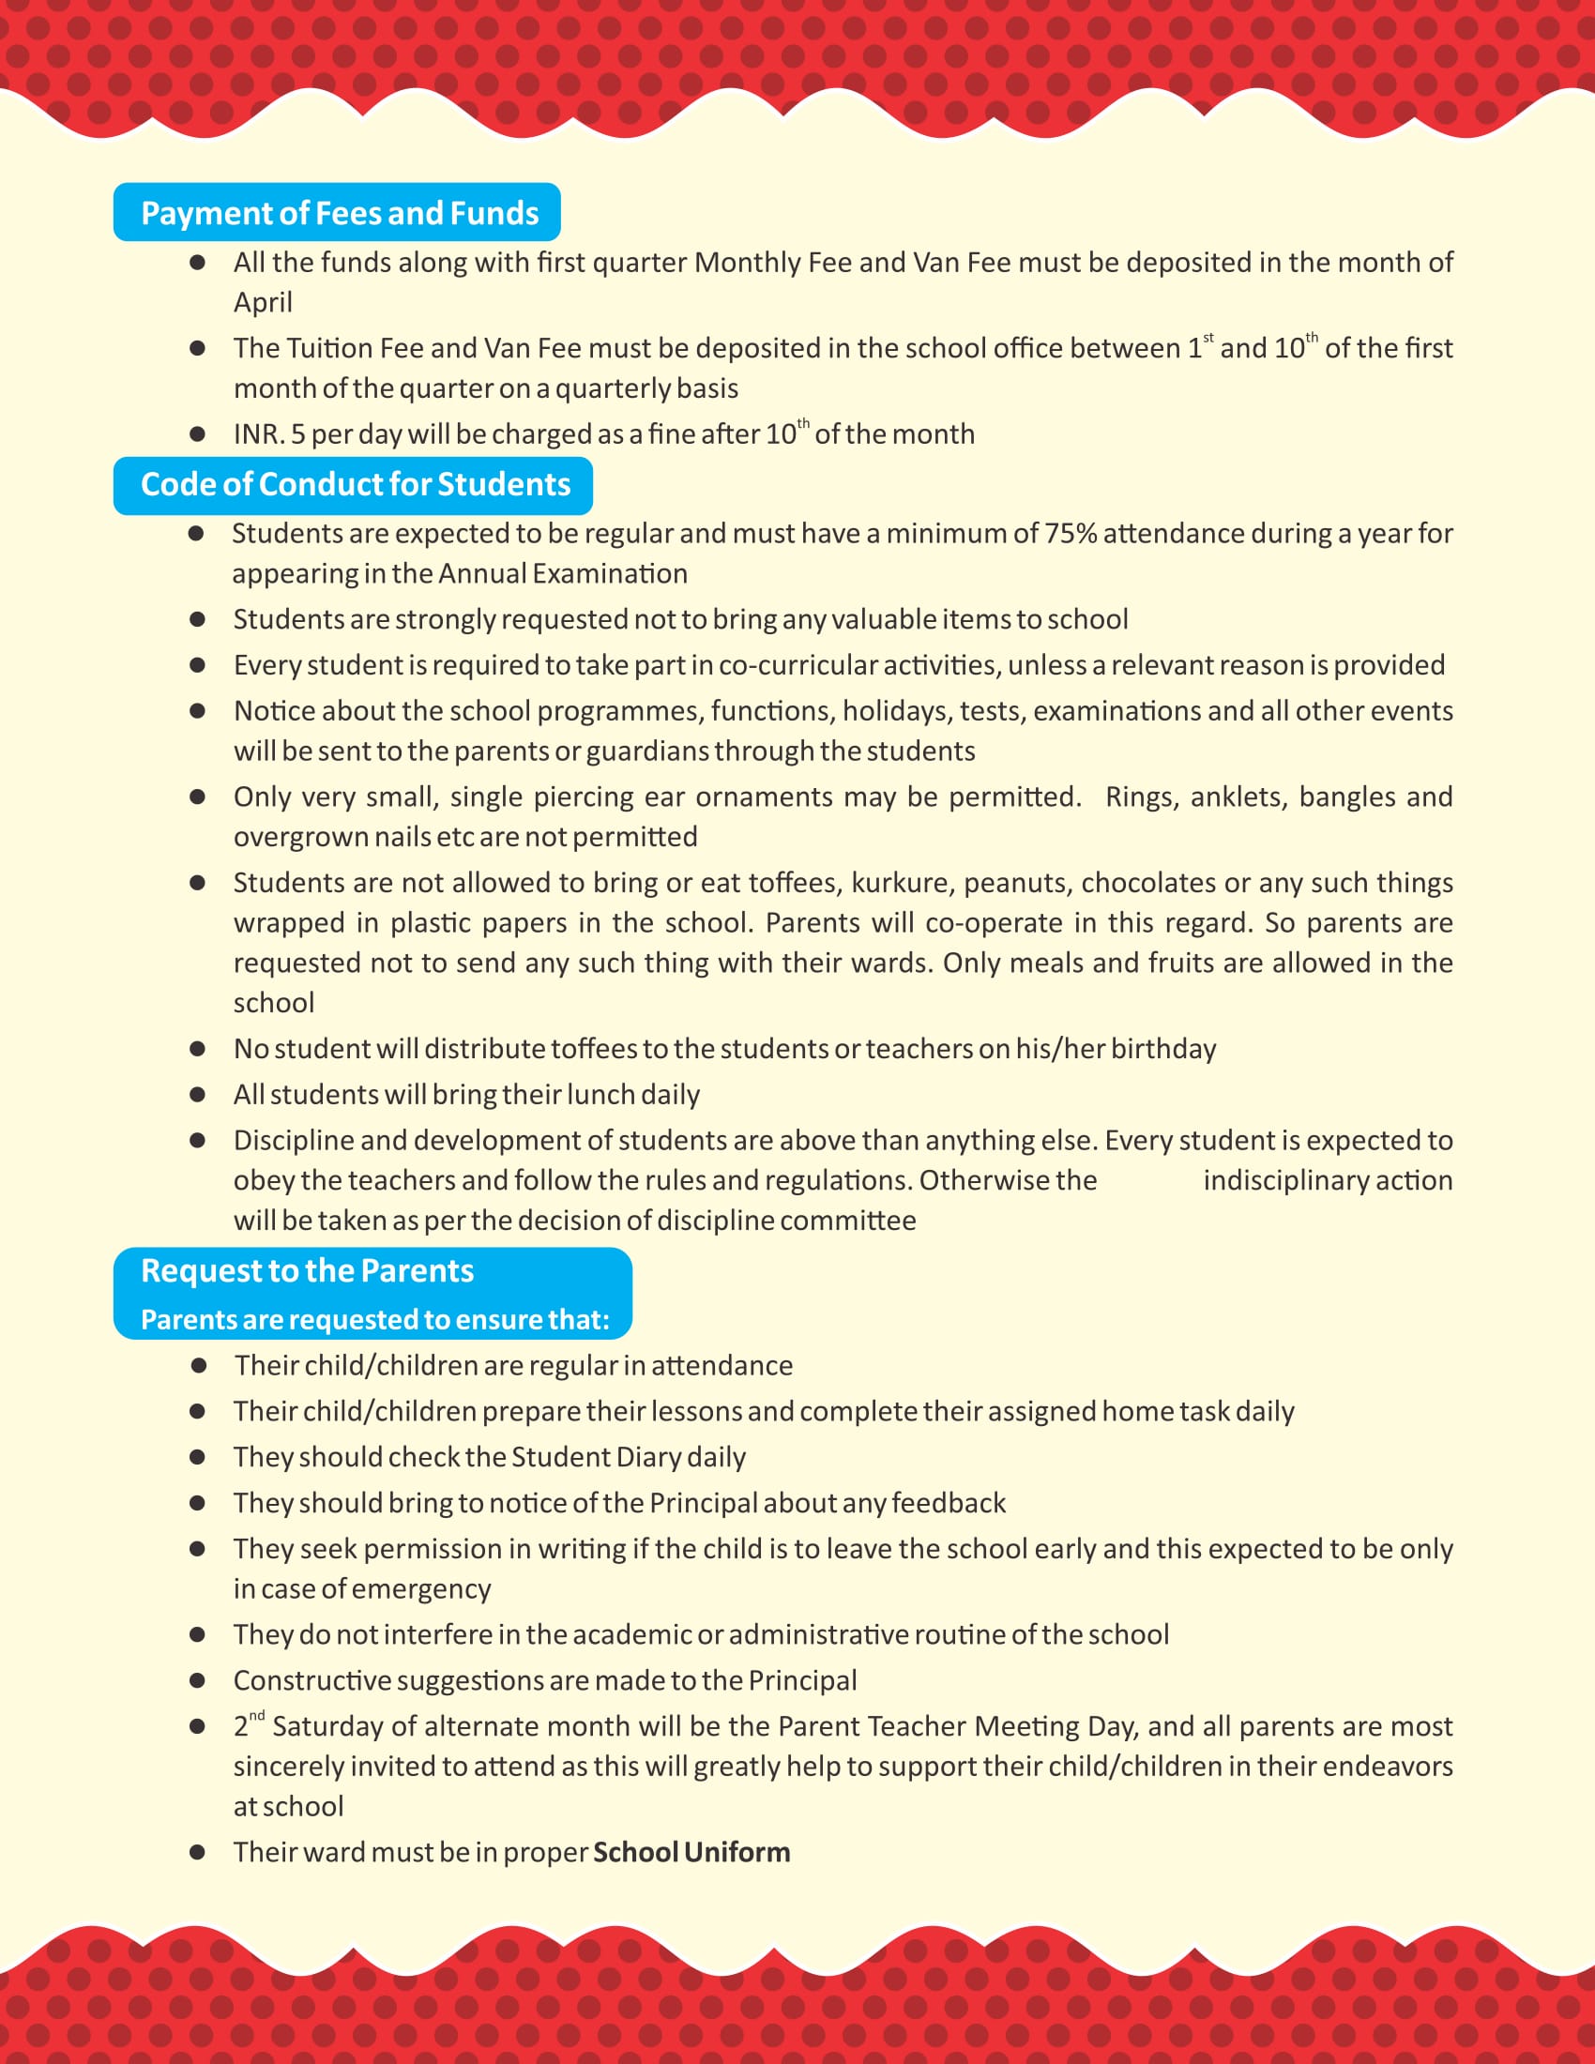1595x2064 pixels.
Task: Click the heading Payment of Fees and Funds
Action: pyautogui.click(x=340, y=214)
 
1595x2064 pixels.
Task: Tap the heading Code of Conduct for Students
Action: pyautogui.click(x=356, y=485)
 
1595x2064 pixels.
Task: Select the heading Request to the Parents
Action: pyautogui.click(x=307, y=1271)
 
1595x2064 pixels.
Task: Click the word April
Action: pyautogui.click(x=263, y=302)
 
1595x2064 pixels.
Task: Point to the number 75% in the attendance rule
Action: pyautogui.click(x=1070, y=534)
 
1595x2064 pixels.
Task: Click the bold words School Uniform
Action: pyautogui.click(x=691, y=1852)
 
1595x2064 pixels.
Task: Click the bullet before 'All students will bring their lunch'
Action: pyautogui.click(x=197, y=1095)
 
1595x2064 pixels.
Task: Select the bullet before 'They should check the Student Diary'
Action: pyautogui.click(x=197, y=1457)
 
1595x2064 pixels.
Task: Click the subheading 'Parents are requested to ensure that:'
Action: pyautogui.click(x=375, y=1320)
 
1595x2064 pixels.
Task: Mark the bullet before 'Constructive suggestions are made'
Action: pyautogui.click(x=197, y=1681)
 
